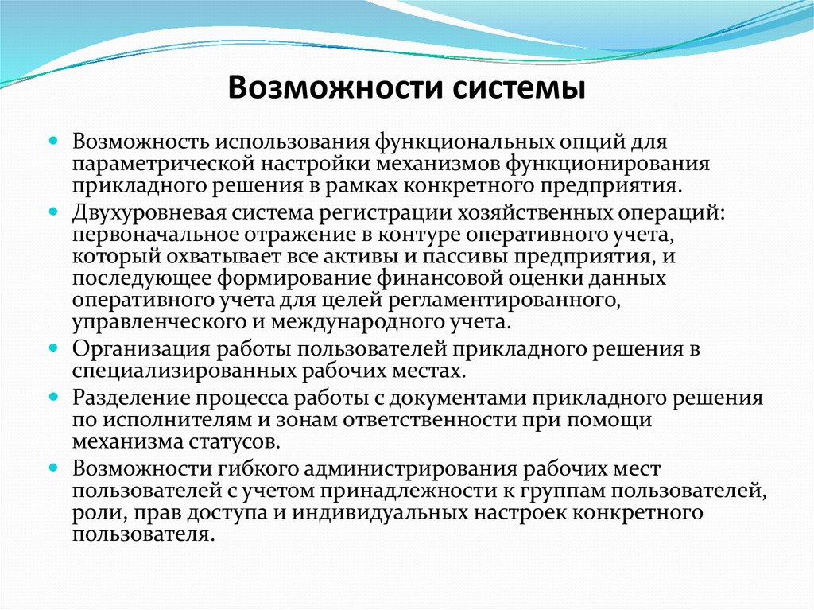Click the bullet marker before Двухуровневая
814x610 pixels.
coord(53,212)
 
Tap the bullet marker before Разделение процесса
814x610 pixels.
coord(53,396)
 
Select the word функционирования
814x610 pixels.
coord(613,164)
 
